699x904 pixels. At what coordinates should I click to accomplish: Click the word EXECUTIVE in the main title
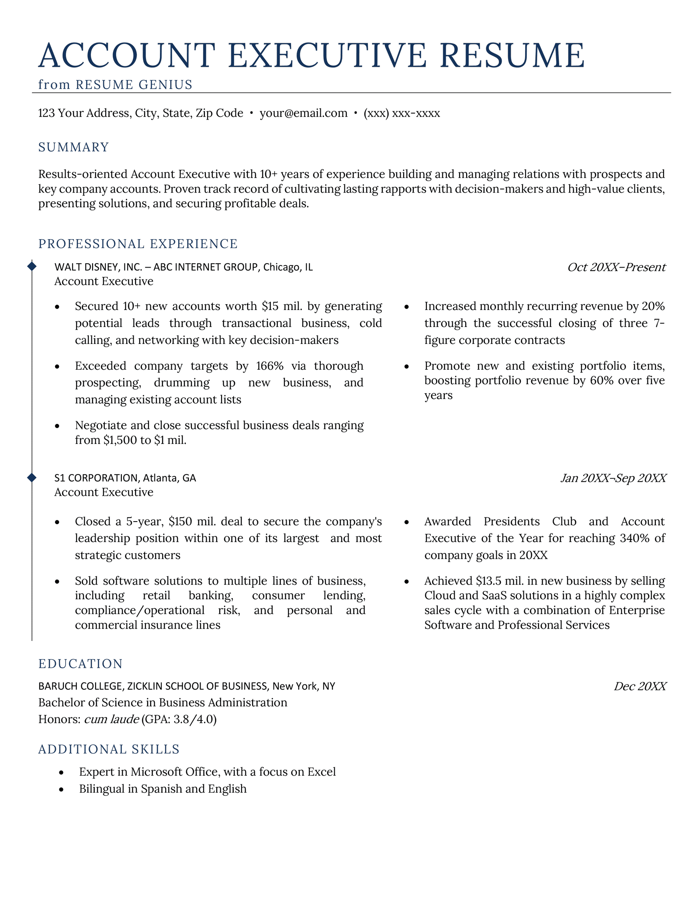[327, 55]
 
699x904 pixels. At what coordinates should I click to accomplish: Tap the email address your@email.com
[304, 113]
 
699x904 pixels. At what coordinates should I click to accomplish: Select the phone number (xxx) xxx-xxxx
[401, 113]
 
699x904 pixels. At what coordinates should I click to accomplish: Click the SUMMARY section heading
[73, 147]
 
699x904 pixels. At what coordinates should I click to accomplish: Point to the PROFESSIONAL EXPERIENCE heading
[138, 244]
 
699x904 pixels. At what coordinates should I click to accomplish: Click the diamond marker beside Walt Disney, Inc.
[32, 265]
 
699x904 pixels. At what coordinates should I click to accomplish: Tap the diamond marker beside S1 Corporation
[32, 478]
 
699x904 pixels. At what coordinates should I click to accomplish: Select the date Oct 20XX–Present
[616, 267]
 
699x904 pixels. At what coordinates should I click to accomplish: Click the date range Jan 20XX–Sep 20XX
[613, 478]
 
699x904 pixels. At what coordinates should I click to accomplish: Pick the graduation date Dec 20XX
[640, 687]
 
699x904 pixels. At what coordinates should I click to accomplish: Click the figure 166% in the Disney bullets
[264, 366]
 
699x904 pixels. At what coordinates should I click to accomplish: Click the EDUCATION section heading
[81, 664]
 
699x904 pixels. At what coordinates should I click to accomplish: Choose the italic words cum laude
[111, 719]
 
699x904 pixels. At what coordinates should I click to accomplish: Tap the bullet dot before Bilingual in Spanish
[62, 790]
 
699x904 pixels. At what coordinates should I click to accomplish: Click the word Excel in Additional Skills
[322, 772]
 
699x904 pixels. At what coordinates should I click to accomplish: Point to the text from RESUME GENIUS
[115, 85]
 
